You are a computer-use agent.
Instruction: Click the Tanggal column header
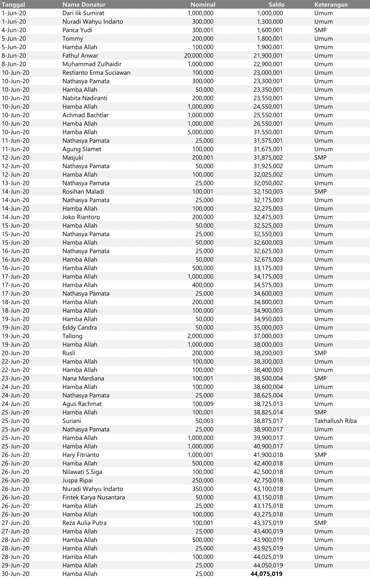(x=13, y=5)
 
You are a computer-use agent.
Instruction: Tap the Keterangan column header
(x=331, y=5)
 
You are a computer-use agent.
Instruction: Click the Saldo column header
(x=276, y=5)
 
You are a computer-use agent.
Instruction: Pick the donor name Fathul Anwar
(x=80, y=56)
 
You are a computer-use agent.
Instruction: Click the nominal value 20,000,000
(x=199, y=56)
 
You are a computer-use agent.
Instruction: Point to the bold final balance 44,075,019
(x=266, y=574)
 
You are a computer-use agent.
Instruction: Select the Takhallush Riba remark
(x=335, y=421)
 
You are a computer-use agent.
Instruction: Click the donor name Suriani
(x=72, y=421)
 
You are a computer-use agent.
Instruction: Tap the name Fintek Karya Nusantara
(x=94, y=497)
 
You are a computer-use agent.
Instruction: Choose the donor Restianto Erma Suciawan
(x=96, y=73)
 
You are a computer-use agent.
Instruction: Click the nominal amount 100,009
(x=203, y=404)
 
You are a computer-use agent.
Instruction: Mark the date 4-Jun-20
(x=14, y=30)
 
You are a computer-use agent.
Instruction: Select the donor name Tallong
(x=72, y=336)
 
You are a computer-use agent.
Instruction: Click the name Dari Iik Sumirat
(x=83, y=13)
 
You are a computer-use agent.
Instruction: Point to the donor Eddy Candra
(x=80, y=328)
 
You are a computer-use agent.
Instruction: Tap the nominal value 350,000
(x=203, y=489)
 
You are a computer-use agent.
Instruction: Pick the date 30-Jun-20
(x=16, y=574)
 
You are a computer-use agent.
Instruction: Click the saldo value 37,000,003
(x=268, y=336)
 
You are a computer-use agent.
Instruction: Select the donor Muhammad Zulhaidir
(x=92, y=64)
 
